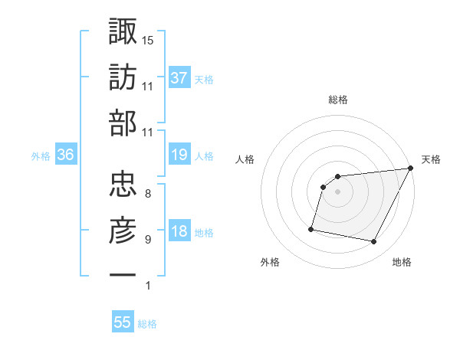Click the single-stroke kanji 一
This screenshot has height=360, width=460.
(x=123, y=273)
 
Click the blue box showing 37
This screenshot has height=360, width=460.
(x=179, y=77)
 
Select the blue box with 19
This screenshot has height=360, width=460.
(x=179, y=155)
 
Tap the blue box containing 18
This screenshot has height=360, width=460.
(x=179, y=231)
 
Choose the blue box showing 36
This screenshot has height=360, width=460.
(x=66, y=155)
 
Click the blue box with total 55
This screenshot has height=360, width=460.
(x=123, y=322)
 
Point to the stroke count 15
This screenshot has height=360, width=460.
(x=147, y=40)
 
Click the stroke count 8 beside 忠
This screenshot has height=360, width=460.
(x=147, y=193)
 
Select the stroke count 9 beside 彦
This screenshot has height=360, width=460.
(x=147, y=240)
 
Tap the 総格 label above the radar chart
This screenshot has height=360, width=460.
(x=337, y=100)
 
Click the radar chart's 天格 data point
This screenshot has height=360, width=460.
(x=411, y=169)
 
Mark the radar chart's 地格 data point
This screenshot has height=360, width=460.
(x=374, y=242)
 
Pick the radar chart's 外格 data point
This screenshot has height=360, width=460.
(x=311, y=229)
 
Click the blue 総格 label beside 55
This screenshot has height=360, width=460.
(x=147, y=324)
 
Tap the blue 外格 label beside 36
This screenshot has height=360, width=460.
(x=41, y=156)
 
